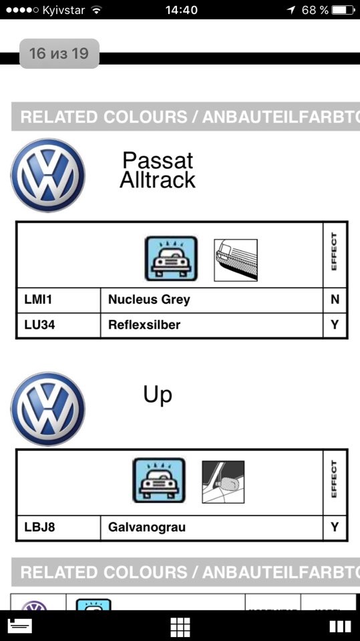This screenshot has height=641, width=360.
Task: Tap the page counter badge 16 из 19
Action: click(59, 53)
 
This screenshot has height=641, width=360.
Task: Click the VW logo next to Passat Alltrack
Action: click(48, 175)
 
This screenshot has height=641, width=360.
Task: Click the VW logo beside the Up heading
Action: click(48, 409)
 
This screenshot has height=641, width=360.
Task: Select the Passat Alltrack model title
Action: click(158, 170)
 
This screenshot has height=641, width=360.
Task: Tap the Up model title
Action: click(158, 395)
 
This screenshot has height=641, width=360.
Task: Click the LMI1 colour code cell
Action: click(59, 300)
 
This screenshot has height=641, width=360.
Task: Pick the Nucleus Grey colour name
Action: click(149, 300)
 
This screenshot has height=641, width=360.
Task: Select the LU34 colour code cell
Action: click(59, 325)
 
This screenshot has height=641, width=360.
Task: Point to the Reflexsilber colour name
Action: click(144, 325)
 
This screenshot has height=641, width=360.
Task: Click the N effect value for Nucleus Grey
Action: click(335, 300)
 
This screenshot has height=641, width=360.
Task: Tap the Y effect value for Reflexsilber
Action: click(335, 325)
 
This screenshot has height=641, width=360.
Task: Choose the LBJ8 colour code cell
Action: click(59, 527)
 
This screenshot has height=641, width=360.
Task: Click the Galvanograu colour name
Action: click(146, 527)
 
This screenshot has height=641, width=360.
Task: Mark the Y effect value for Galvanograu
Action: click(335, 527)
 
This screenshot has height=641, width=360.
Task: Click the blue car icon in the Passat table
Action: click(171, 259)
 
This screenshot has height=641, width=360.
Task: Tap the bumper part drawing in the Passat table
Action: click(236, 260)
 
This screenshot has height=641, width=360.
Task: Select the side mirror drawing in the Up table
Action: click(223, 482)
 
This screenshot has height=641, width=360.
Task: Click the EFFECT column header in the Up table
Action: click(335, 479)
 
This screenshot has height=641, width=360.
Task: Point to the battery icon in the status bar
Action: click(343, 10)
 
